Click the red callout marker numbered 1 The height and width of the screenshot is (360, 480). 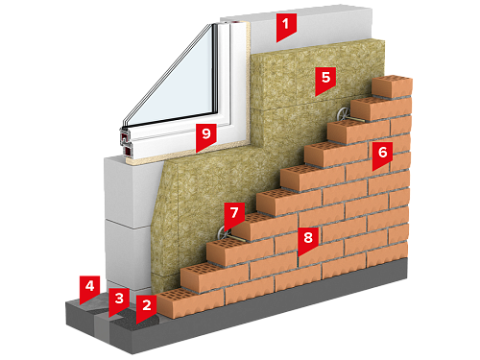point(286,26)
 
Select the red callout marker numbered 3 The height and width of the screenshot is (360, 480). point(119,300)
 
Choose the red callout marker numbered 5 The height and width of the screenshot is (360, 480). point(325,79)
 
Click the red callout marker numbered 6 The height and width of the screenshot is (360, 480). point(382,154)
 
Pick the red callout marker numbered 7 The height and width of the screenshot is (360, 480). point(234,214)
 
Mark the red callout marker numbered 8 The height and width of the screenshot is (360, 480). point(308,239)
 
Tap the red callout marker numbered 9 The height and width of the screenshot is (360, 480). point(206,135)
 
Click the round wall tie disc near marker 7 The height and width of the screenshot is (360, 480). point(223,233)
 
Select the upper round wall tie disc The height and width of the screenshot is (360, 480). point(344,114)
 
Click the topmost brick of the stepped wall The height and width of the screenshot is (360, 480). point(393,85)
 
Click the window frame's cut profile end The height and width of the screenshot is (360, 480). point(126,142)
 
